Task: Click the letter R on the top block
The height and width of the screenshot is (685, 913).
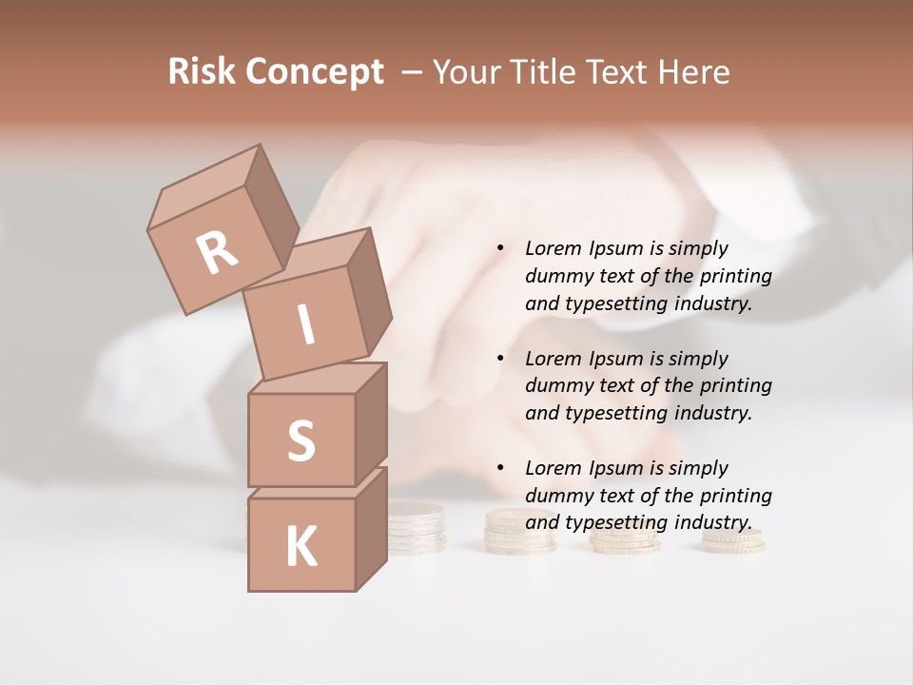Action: (218, 253)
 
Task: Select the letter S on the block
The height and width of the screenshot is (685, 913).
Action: (301, 440)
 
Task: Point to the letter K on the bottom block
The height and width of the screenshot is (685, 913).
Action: (301, 547)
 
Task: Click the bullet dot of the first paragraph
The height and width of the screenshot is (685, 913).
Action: (500, 248)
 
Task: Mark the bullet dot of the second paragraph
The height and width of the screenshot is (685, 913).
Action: (500, 359)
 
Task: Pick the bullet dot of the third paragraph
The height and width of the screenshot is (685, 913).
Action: (500, 468)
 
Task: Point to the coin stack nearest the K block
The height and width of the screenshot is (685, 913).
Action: (416, 529)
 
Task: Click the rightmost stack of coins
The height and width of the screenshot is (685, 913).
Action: (733, 539)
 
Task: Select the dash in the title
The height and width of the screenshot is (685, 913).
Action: (413, 72)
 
